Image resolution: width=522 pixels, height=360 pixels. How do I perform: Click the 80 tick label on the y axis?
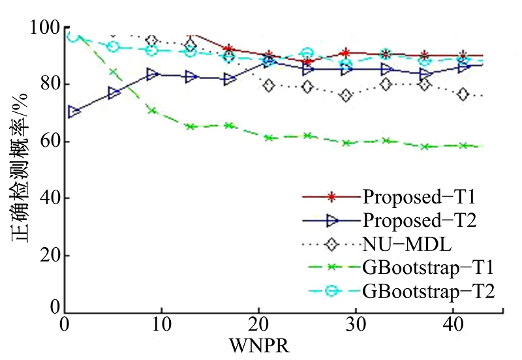pos(49,85)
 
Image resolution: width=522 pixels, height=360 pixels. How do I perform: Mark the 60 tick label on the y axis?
pos(49,142)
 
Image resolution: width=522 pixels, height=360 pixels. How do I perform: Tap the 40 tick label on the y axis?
pos(49,198)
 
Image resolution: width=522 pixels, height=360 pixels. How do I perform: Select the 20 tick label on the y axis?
pos(49,255)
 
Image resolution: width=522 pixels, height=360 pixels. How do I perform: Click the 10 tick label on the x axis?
pos(161,325)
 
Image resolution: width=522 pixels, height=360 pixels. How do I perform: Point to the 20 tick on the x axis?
pos(257,325)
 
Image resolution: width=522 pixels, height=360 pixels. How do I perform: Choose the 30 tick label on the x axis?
pos(354,325)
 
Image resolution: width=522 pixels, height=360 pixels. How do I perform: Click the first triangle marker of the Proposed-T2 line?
pos(74,112)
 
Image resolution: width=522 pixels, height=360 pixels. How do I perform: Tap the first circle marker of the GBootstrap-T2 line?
pos(73,36)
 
